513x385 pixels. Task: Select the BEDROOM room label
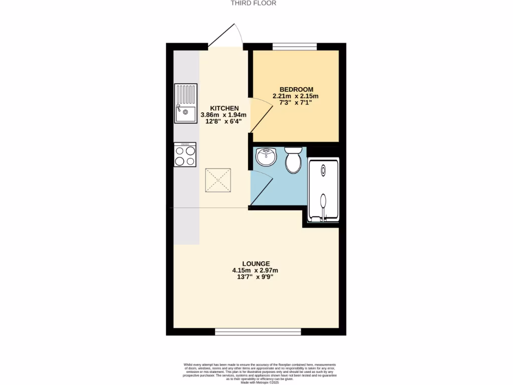296,89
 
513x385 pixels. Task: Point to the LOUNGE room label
256,264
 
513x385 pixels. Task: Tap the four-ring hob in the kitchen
185,154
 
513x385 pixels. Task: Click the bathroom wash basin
266,157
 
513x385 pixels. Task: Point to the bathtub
323,190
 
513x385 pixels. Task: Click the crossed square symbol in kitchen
218,180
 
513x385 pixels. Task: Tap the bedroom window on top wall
295,47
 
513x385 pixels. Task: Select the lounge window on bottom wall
258,331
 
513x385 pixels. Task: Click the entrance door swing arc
230,34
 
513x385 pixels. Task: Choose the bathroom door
260,187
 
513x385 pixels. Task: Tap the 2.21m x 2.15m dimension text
296,96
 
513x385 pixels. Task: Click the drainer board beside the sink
185,93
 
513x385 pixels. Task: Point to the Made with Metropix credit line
260,382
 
